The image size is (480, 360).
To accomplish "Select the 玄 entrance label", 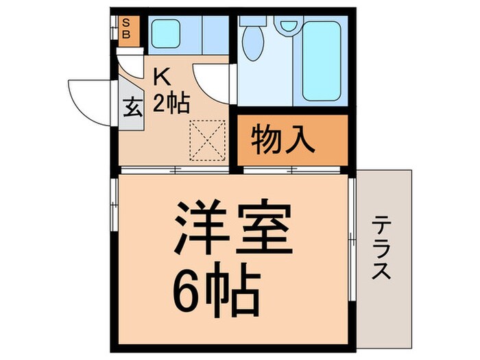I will point(133,108).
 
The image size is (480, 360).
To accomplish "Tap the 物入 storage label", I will point(283,140).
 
